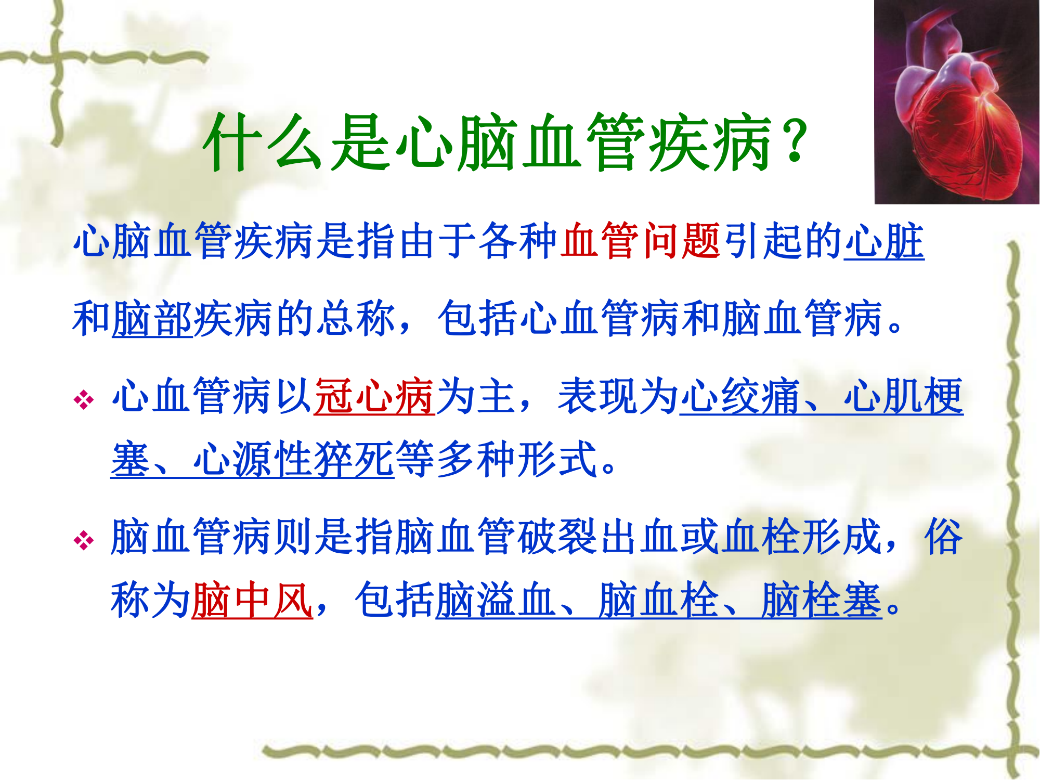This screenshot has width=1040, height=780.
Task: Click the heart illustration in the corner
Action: pyautogui.click(x=957, y=102)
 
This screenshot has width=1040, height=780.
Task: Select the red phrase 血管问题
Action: pyautogui.click(x=641, y=240)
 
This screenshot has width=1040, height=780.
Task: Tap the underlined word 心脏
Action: pyautogui.click(x=884, y=240)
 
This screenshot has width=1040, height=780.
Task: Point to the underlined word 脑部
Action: pyautogui.click(x=152, y=318)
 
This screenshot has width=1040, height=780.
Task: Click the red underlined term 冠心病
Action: pyautogui.click(x=374, y=396)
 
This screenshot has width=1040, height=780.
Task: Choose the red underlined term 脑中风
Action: pyautogui.click(x=252, y=600)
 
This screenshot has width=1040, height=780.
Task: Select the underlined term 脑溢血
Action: pyautogui.click(x=496, y=600)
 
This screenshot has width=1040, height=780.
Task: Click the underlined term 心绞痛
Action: pyautogui.click(x=740, y=396)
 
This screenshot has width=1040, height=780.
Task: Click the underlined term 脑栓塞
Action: pyautogui.click(x=822, y=600)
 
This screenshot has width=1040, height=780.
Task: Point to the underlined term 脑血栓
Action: pyautogui.click(x=659, y=600)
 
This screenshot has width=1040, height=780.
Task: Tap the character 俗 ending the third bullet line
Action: pyautogui.click(x=944, y=537)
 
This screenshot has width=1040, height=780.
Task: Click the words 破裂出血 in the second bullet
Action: pyautogui.click(x=598, y=537)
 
